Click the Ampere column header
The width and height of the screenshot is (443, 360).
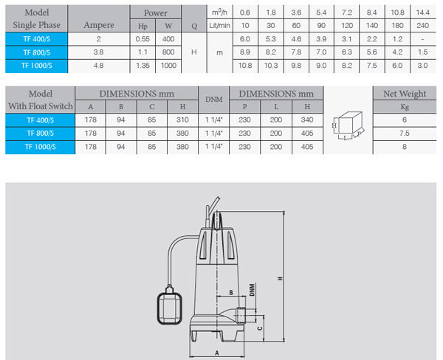[99, 25]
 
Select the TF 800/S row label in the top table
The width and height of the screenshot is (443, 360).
[36, 52]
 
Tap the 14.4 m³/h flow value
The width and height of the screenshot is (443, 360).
[422, 13]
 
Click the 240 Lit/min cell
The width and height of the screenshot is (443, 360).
[422, 25]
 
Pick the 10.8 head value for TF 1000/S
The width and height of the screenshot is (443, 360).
[245, 66]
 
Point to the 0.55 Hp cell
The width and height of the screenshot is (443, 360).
[142, 39]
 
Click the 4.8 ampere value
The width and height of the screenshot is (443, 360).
[98, 66]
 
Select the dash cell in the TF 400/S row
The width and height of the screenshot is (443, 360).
[422, 39]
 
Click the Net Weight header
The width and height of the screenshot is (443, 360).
[405, 94]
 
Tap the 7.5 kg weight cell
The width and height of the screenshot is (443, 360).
[405, 134]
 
